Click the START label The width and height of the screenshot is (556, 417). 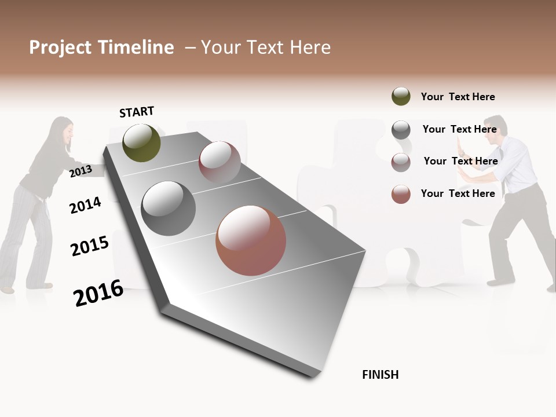[137, 112]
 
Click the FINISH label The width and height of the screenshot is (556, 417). [380, 375]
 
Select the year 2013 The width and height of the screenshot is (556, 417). [81, 171]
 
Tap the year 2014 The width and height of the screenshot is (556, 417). [86, 205]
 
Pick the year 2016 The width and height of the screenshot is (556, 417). [98, 293]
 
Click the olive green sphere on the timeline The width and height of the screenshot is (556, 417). [142, 142]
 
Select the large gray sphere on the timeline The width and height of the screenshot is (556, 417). [169, 209]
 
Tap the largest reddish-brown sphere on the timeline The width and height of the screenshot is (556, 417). [251, 240]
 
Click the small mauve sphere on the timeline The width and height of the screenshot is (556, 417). [220, 162]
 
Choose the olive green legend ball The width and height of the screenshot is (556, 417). [401, 96]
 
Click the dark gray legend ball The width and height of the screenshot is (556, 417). [401, 130]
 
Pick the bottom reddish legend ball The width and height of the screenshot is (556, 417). [401, 194]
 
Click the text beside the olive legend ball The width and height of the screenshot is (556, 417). [458, 97]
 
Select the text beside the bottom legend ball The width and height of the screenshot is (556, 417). [458, 193]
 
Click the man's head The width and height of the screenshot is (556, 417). [495, 130]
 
